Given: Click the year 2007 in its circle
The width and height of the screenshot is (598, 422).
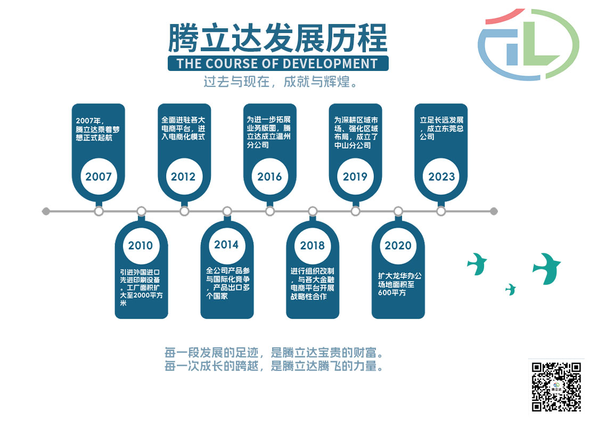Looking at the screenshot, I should click(x=99, y=177).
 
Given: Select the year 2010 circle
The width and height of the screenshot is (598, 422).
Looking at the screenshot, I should click(x=141, y=245).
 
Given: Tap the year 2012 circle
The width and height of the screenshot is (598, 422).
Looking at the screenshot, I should click(x=183, y=177).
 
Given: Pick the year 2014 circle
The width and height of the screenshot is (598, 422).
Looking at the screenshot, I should click(x=226, y=245).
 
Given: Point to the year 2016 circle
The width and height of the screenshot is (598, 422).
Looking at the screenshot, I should click(x=269, y=177).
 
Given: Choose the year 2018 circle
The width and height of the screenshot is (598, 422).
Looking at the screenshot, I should click(x=312, y=245).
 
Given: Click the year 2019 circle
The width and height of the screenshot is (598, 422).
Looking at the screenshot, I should click(x=355, y=177).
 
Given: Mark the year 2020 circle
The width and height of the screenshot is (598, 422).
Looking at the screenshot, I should click(x=398, y=245).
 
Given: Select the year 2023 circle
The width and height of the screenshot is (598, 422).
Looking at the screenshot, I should click(x=441, y=177).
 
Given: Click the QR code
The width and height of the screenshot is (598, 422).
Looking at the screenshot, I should click(x=556, y=387).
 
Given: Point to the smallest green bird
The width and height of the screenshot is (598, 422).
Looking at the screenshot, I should click(x=511, y=289).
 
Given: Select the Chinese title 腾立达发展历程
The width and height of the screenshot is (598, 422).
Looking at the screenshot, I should click(x=277, y=38).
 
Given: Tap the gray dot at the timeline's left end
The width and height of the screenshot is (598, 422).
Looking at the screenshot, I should click(x=46, y=211).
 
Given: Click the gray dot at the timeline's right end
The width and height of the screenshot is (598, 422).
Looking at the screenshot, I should click(x=494, y=211).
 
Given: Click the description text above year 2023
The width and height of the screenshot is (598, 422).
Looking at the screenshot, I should click(x=441, y=128).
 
